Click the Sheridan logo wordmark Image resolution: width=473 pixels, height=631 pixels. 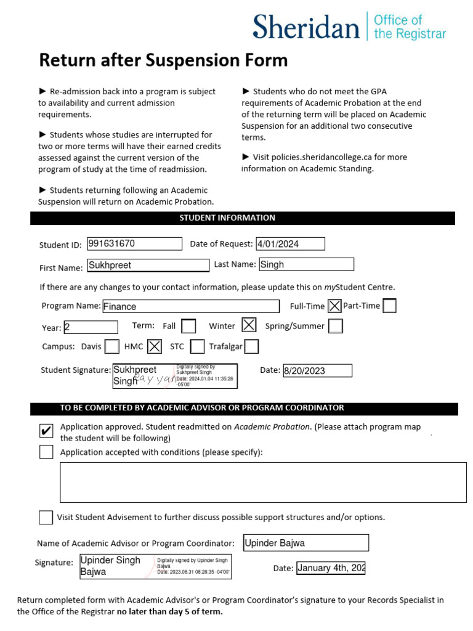coord(306,28)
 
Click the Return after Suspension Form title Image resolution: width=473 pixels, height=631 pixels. coord(163,60)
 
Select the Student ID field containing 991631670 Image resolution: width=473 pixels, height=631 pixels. coord(134,244)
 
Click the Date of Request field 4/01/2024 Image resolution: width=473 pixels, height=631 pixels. coord(290,244)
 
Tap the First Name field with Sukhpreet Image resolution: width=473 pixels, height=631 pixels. coord(148,265)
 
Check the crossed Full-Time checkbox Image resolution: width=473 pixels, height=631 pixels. coord(334,306)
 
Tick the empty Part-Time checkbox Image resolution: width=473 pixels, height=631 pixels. coord(389,306)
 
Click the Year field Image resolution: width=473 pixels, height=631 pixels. coord(90,327)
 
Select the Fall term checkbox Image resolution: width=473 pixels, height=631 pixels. coord(189,326)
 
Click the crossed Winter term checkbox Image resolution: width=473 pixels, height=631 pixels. coord(249,325)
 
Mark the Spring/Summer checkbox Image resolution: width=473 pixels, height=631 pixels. coord(336,326)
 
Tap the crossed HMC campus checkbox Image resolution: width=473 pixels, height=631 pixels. coord(155,346)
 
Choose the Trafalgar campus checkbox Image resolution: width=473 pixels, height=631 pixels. coord(251,347)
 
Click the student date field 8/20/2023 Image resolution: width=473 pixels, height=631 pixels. coord(317,370)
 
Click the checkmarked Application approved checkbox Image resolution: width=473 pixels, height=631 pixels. coord(46,431)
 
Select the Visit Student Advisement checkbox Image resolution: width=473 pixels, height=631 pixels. coord(46,517)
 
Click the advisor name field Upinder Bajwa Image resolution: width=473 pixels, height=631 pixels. coord(305,543)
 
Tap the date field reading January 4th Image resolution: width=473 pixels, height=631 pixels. coord(331,568)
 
